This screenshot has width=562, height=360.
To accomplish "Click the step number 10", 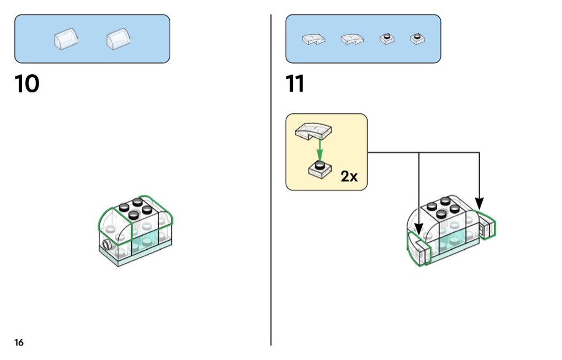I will coord(27,85).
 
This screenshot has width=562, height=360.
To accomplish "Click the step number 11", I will coord(295,85).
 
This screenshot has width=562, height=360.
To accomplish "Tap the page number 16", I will coord(19,342).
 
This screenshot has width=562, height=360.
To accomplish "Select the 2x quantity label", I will coord(349,177).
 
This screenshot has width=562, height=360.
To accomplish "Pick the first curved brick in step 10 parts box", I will coord(66,39).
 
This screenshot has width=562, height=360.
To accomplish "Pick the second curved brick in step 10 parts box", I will coord(118,39).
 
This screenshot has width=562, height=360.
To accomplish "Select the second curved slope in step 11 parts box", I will coord(352,39).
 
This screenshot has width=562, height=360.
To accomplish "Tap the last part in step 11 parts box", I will coord(416,39).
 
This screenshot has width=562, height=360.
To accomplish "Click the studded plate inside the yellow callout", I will coord(320,170).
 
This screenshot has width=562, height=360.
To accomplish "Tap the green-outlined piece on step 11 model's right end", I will coord(487,227).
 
